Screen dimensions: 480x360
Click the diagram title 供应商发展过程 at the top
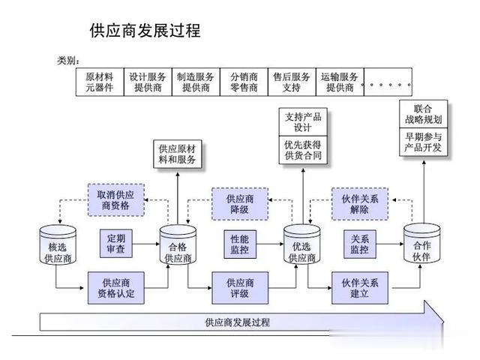pos(145,31)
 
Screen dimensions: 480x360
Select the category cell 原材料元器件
pos(100,82)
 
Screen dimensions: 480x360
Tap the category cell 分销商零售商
pos(244,82)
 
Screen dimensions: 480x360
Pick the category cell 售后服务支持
pos(292,82)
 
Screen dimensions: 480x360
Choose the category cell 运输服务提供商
pos(340,82)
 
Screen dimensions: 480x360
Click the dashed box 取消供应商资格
pos(116,200)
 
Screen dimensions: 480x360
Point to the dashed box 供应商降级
pos(240,204)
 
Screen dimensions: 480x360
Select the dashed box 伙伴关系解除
pos(360,204)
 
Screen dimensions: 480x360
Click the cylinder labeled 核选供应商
pos(58,245)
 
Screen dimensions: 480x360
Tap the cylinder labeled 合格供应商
pos(178,245)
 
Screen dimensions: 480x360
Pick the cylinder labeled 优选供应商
pos(302,244)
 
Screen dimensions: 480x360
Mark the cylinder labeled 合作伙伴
pos(421,243)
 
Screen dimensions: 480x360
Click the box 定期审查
pos(116,243)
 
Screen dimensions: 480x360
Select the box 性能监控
pos(240,244)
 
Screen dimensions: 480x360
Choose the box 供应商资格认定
pos(116,288)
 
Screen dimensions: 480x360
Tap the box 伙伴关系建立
pos(360,288)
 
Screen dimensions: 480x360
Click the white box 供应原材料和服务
pos(178,154)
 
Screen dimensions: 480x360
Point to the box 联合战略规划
pos(424,114)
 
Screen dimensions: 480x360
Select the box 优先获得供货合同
pos(303,150)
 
